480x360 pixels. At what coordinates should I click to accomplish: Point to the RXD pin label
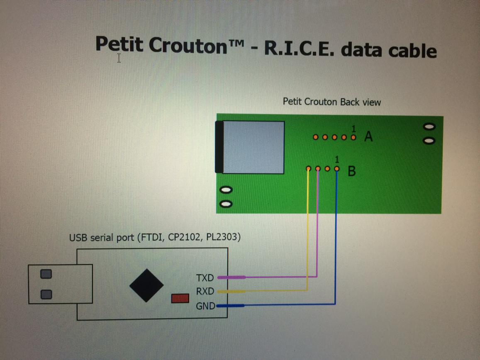pyautogui.click(x=205, y=292)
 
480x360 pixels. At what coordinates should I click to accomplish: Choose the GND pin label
pyautogui.click(x=205, y=306)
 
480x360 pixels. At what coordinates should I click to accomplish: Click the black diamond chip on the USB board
pyautogui.click(x=146, y=285)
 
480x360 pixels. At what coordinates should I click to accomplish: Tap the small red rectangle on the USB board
pyautogui.click(x=180, y=298)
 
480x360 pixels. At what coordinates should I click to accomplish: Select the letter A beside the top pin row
pyautogui.click(x=368, y=136)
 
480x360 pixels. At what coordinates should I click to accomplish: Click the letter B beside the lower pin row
pyautogui.click(x=351, y=170)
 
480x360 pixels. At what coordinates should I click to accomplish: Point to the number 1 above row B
pyautogui.click(x=337, y=159)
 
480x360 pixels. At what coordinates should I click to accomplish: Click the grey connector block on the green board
pyautogui.click(x=253, y=147)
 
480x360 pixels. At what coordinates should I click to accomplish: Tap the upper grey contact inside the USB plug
pyautogui.click(x=46, y=274)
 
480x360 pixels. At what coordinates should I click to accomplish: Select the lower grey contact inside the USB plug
pyautogui.click(x=46, y=294)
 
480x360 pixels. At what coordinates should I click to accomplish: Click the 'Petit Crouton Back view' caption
pyautogui.click(x=331, y=102)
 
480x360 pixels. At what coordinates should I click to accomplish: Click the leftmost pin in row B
pyautogui.click(x=308, y=169)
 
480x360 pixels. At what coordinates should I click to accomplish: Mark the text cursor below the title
pyautogui.click(x=119, y=58)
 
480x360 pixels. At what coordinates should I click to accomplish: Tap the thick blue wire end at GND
pyautogui.click(x=230, y=306)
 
